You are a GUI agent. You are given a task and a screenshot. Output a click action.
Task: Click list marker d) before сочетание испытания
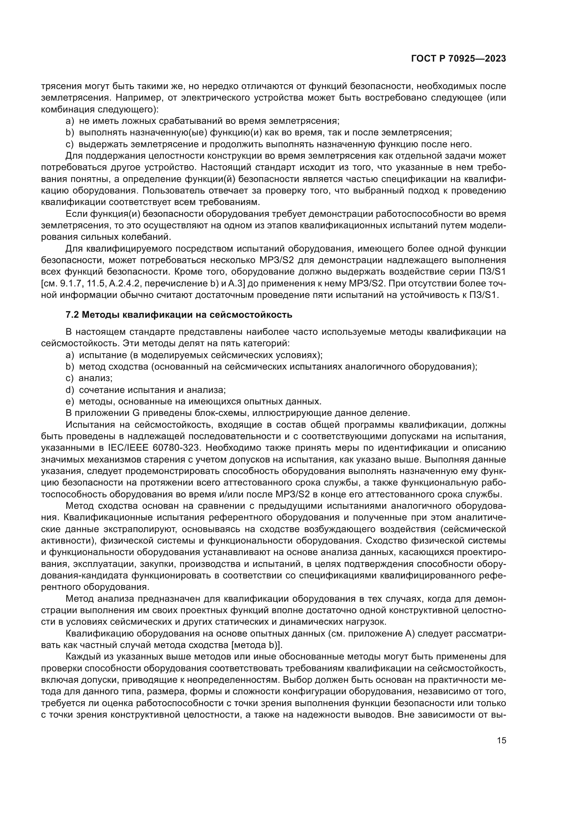(x=70, y=390)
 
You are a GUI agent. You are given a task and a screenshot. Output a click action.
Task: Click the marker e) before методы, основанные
(x=70, y=402)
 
